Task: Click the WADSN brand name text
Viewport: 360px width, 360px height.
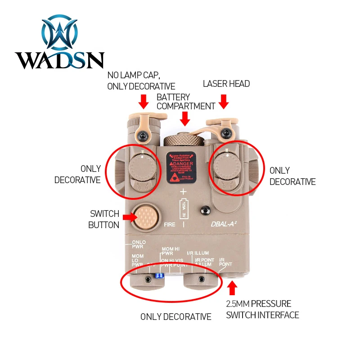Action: [x=59, y=60]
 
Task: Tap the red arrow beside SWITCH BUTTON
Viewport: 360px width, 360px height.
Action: [x=129, y=217]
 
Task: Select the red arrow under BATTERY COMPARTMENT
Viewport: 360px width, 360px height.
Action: [x=184, y=118]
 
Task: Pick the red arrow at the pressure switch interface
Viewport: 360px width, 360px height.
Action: [x=232, y=287]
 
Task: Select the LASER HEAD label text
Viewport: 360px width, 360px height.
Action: [x=226, y=84]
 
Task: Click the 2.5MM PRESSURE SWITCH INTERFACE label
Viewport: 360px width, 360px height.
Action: [x=262, y=309]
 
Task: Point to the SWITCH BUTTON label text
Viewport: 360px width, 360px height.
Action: [x=104, y=219]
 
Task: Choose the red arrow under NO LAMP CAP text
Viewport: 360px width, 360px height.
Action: [x=144, y=101]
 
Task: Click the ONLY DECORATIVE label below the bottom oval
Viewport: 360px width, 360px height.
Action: [x=175, y=317]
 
